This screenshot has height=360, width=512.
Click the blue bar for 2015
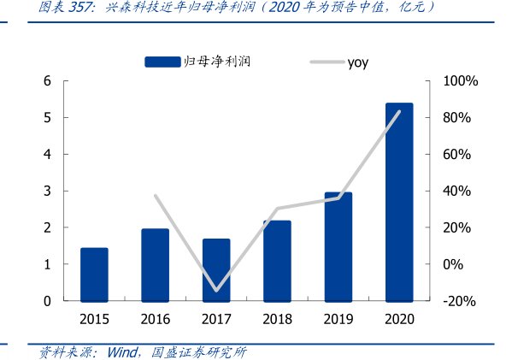point(94,274)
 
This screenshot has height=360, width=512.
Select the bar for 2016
point(155,265)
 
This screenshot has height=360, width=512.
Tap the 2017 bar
point(216,270)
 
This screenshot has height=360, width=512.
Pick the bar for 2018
point(277,261)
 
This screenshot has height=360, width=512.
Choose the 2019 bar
point(338,247)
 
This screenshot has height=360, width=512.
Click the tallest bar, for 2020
point(399,202)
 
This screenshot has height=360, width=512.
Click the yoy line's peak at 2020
point(399,111)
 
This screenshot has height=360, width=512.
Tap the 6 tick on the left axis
point(48,81)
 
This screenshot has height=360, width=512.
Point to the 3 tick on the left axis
point(48,192)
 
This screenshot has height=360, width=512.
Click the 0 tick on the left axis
point(48,301)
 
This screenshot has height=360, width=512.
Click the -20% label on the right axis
point(460,301)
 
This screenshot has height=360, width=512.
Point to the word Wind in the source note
point(125,351)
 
